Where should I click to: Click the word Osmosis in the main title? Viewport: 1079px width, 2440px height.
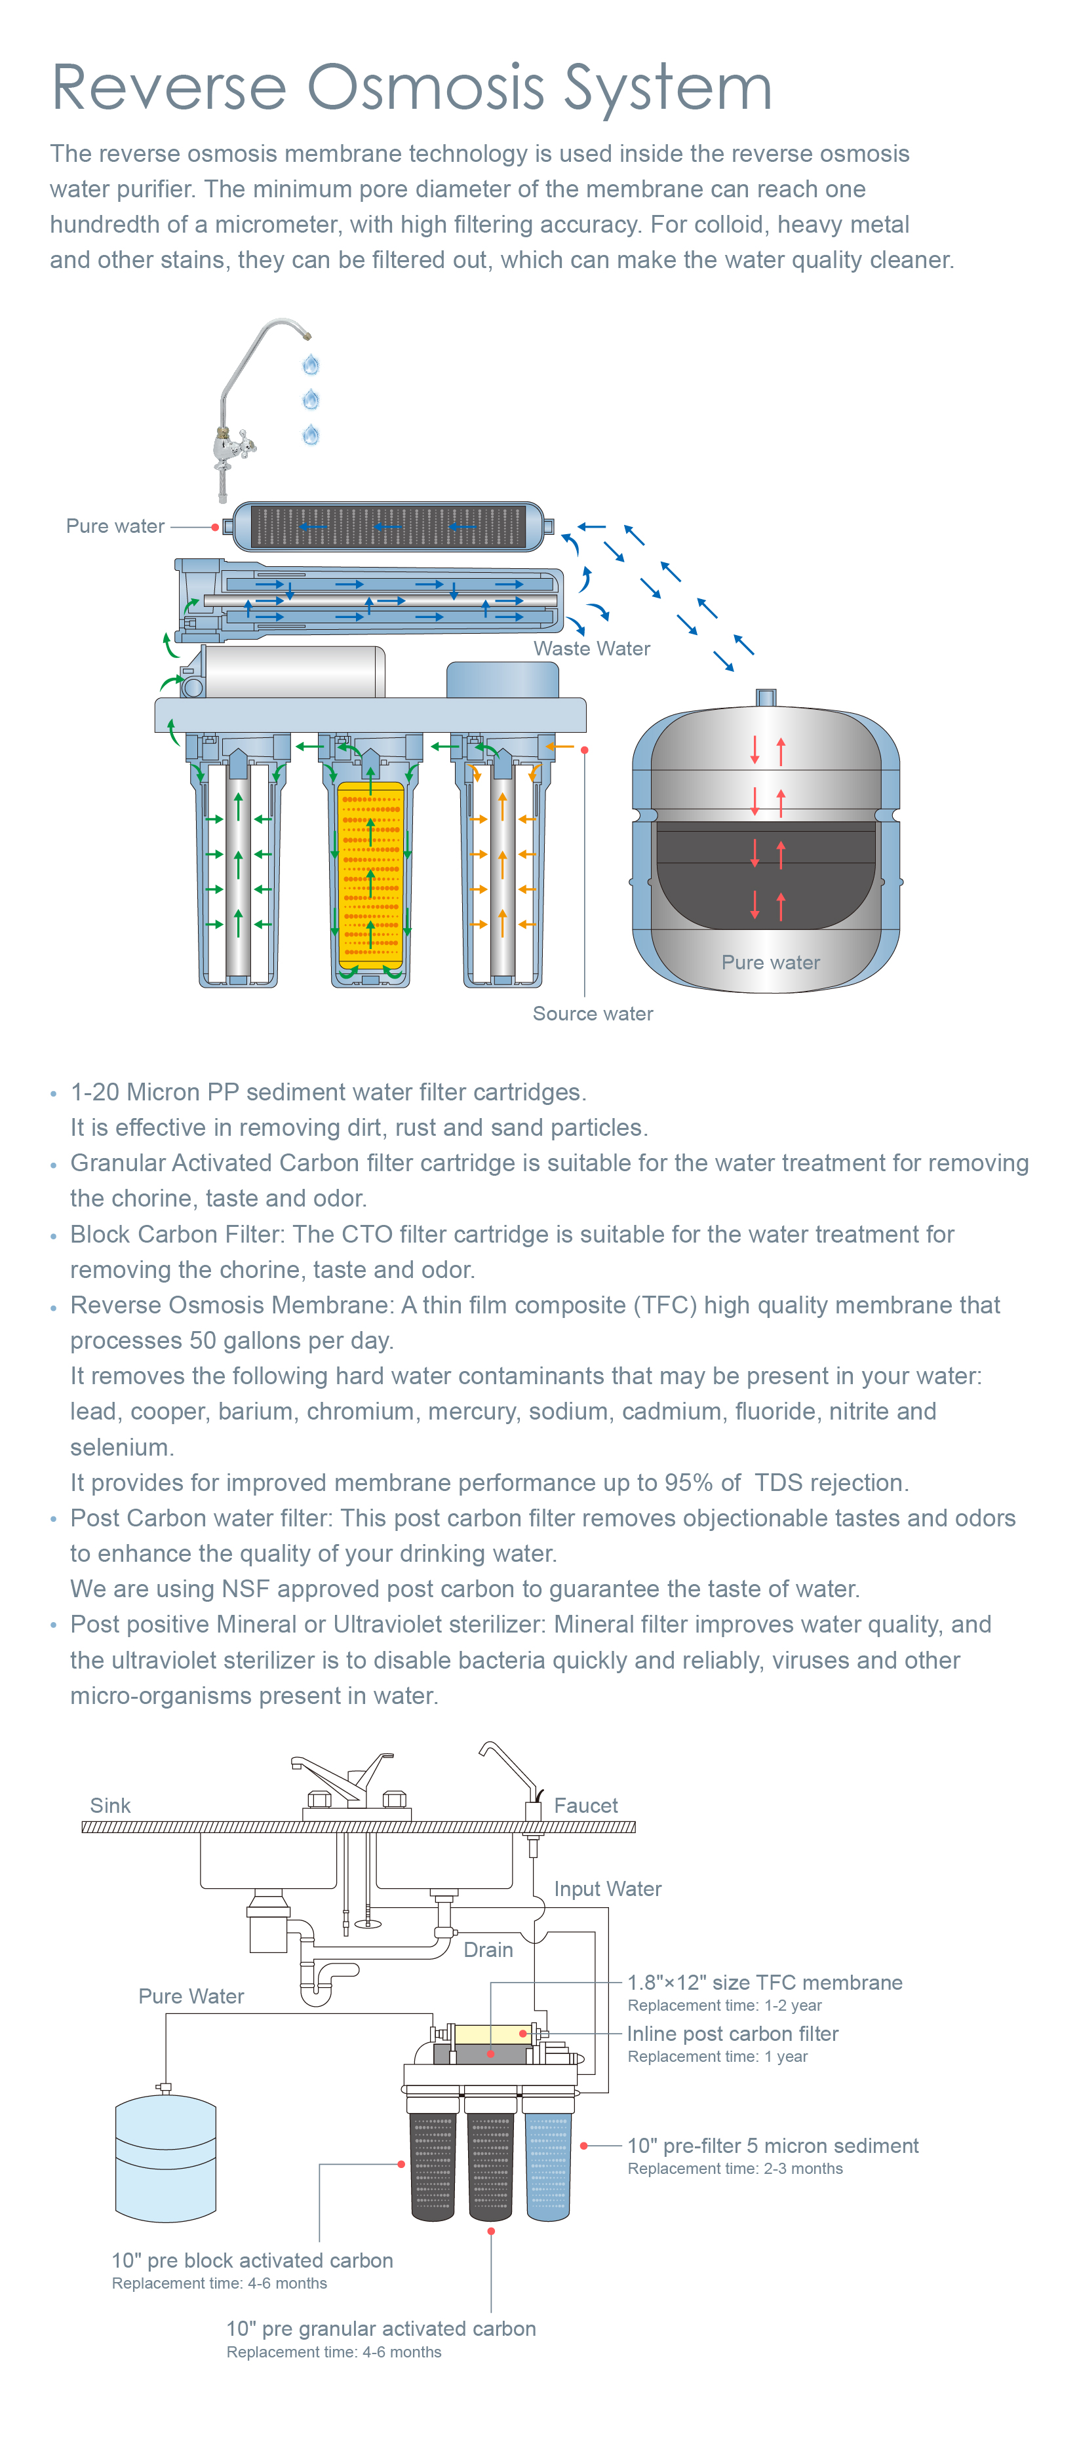pyautogui.click(x=425, y=88)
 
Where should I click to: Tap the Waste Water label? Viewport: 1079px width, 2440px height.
pyautogui.click(x=591, y=649)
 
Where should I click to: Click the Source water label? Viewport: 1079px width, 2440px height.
pyautogui.click(x=593, y=1013)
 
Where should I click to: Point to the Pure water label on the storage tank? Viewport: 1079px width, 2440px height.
pyautogui.click(x=770, y=962)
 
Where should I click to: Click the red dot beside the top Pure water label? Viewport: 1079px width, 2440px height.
pyautogui.click(x=216, y=527)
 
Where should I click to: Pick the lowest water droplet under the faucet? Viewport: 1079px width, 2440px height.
pyautogui.click(x=311, y=435)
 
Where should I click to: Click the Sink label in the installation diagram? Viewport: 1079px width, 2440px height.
pyautogui.click(x=110, y=1806)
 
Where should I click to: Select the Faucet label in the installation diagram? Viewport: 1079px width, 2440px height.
pyautogui.click(x=585, y=1806)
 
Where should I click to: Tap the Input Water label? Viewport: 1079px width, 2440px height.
pyautogui.click(x=607, y=1889)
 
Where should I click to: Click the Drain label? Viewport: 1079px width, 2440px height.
pyautogui.click(x=488, y=1949)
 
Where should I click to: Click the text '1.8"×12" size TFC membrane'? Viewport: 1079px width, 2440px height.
pyautogui.click(x=764, y=1983)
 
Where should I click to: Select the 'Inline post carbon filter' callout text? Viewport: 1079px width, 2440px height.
pyautogui.click(x=732, y=2034)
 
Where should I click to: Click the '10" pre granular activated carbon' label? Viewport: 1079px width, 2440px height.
pyautogui.click(x=381, y=2328)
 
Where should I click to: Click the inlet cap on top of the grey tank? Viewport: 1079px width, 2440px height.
pyautogui.click(x=766, y=697)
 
